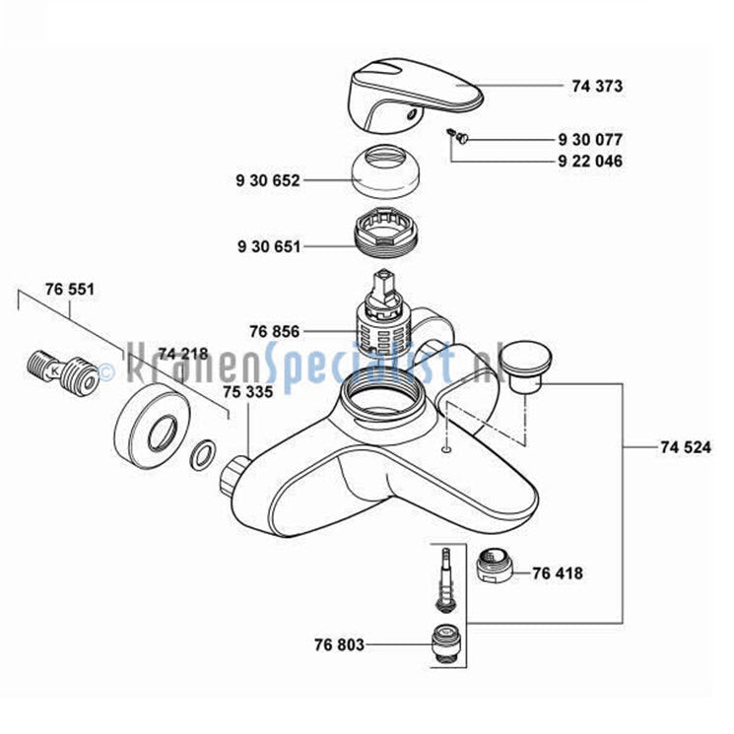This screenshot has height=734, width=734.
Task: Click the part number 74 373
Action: (x=597, y=86)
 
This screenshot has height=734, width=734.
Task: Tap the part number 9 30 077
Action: (x=591, y=140)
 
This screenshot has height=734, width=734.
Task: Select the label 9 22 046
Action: (x=591, y=161)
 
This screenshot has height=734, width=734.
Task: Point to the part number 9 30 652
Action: (x=268, y=180)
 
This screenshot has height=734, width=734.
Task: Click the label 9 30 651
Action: (x=269, y=246)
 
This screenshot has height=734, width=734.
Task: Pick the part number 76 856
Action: (x=274, y=331)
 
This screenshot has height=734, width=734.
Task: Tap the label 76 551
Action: (x=70, y=289)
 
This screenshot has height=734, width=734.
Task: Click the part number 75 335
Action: (x=247, y=391)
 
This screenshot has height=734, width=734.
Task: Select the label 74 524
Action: (x=686, y=447)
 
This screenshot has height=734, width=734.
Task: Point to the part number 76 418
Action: (x=558, y=573)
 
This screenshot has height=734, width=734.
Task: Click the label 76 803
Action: (x=339, y=644)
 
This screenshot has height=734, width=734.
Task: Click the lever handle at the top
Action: (x=417, y=95)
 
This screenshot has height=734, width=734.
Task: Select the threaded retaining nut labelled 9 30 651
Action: (x=384, y=234)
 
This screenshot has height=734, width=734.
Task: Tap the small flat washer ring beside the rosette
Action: (x=203, y=454)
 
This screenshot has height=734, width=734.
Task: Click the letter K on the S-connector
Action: (x=55, y=370)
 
